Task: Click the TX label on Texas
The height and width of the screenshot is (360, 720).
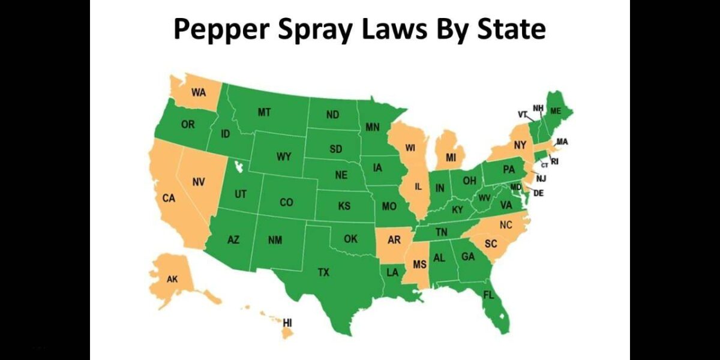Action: click(x=323, y=272)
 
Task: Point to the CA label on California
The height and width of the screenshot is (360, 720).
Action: click(x=169, y=198)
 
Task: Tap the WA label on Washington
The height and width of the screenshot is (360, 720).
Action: click(x=199, y=92)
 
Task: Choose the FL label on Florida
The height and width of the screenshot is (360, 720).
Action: click(x=488, y=295)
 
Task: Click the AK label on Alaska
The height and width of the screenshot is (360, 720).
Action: click(x=172, y=279)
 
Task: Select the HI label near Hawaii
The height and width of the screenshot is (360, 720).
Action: click(x=287, y=322)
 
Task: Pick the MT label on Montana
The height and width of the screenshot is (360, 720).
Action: click(x=264, y=112)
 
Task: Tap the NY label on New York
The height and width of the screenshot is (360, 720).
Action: click(x=520, y=145)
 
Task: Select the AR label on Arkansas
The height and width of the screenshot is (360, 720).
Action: click(x=394, y=240)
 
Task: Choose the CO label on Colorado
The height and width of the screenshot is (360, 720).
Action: click(x=286, y=203)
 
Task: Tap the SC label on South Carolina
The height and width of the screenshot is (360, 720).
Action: click(x=491, y=244)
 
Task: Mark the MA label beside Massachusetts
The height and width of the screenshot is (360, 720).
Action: click(x=562, y=142)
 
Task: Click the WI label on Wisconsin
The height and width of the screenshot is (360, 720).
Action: click(x=410, y=148)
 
